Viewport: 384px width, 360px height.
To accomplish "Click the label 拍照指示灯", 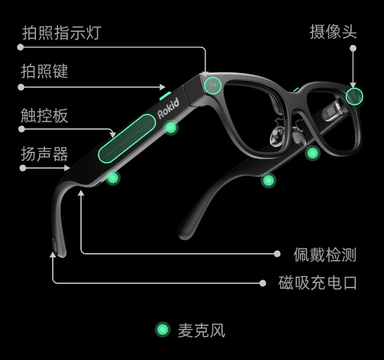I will point(62,32).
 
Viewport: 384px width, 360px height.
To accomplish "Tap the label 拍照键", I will point(45,71).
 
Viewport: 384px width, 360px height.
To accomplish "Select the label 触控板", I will point(45,116).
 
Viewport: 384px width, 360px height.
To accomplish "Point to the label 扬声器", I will point(45,154).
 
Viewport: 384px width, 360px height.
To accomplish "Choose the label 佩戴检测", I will point(325,254).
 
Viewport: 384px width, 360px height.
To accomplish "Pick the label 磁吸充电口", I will point(318,283).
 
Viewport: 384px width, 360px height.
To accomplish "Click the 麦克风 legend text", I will point(202,330).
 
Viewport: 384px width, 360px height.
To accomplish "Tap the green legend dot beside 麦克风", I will point(163,329).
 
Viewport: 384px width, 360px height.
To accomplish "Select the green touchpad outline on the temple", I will point(127,138).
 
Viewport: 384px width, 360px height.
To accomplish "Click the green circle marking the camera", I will point(355,96).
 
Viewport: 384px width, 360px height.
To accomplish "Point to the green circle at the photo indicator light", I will point(212,86).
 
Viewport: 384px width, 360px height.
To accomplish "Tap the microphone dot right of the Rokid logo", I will point(171,127).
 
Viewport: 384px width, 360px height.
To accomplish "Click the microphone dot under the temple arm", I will point(113,178).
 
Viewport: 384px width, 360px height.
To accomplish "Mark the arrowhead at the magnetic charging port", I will point(53,255).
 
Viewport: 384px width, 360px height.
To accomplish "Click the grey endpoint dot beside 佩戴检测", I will point(277,254).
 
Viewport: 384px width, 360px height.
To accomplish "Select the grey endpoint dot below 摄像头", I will point(353,48).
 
